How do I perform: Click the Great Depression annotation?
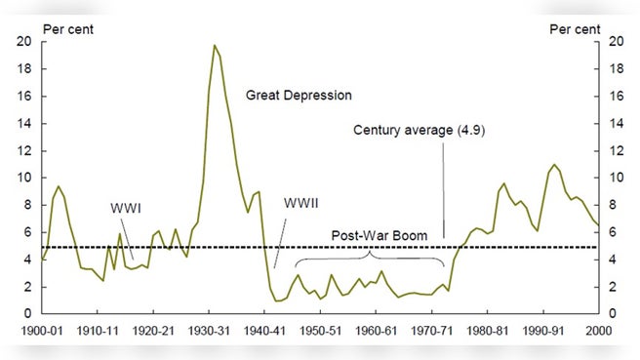[x=299, y=96]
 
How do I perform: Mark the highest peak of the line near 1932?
[x=214, y=46]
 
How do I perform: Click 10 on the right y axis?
[x=615, y=178]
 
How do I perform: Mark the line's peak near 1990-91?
[x=554, y=165]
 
